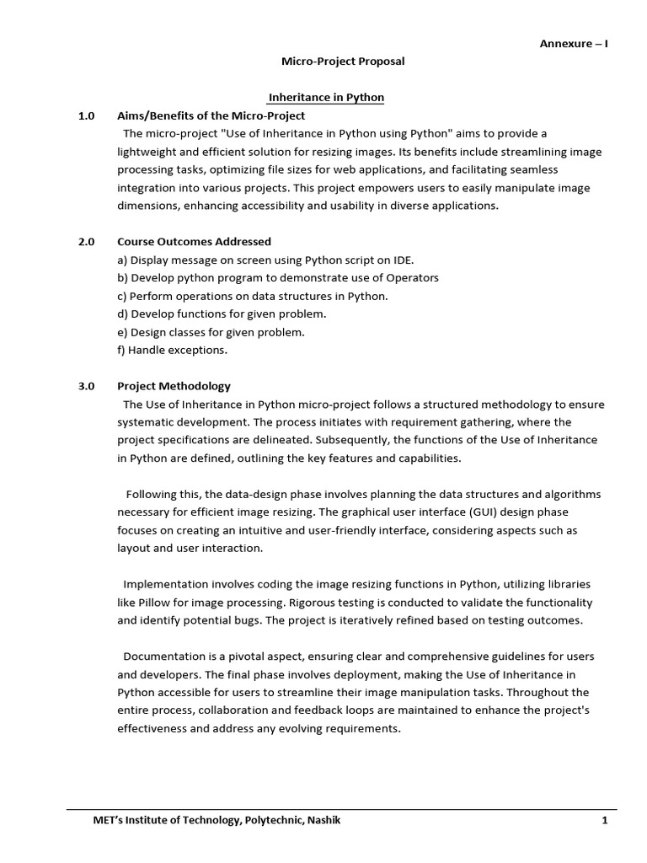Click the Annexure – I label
(574, 44)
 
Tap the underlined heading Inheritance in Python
(326, 98)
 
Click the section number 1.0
(87, 115)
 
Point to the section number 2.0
(87, 242)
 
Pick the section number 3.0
(87, 386)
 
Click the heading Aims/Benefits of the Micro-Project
(211, 115)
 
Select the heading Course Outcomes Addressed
(194, 242)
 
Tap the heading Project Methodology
(174, 386)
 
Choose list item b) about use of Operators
(277, 278)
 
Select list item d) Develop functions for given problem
(222, 314)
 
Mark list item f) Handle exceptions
(172, 350)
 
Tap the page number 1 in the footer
(604, 821)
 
